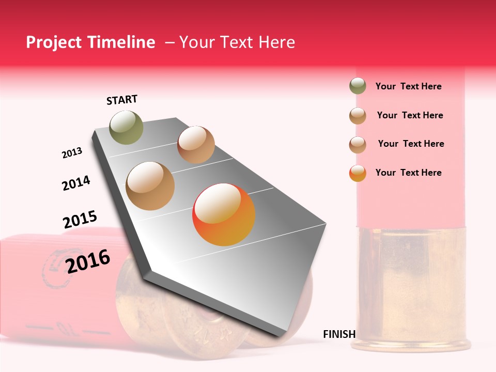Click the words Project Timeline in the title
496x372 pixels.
pos(90,42)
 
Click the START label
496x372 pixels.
pos(122,100)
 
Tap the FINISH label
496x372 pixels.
pos(339,334)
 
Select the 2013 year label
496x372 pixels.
pos(72,153)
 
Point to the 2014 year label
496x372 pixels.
pos(76,183)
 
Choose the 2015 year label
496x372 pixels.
pos(80,220)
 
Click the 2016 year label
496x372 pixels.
pos(88,261)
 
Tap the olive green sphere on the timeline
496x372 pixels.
pos(126,127)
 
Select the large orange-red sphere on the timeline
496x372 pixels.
pos(224,215)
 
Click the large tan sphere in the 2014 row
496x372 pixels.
pos(150,186)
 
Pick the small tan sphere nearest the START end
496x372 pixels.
pos(196,145)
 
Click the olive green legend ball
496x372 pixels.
pos(358,86)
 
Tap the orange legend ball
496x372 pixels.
pos(358,173)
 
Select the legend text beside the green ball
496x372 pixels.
pos(408,87)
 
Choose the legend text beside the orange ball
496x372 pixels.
pos(408,173)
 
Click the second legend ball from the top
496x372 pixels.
pos(358,116)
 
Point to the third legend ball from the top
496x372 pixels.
pos(358,145)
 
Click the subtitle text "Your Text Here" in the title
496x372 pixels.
pos(237,42)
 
